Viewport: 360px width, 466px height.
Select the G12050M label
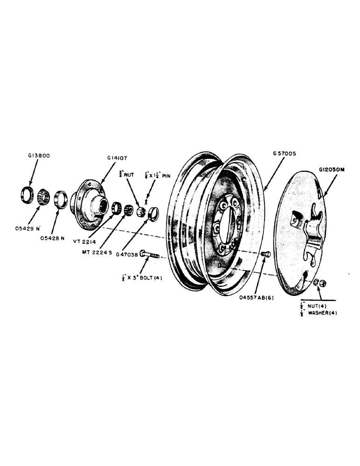[x=332, y=170]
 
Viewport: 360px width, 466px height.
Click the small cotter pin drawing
[x=146, y=202]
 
